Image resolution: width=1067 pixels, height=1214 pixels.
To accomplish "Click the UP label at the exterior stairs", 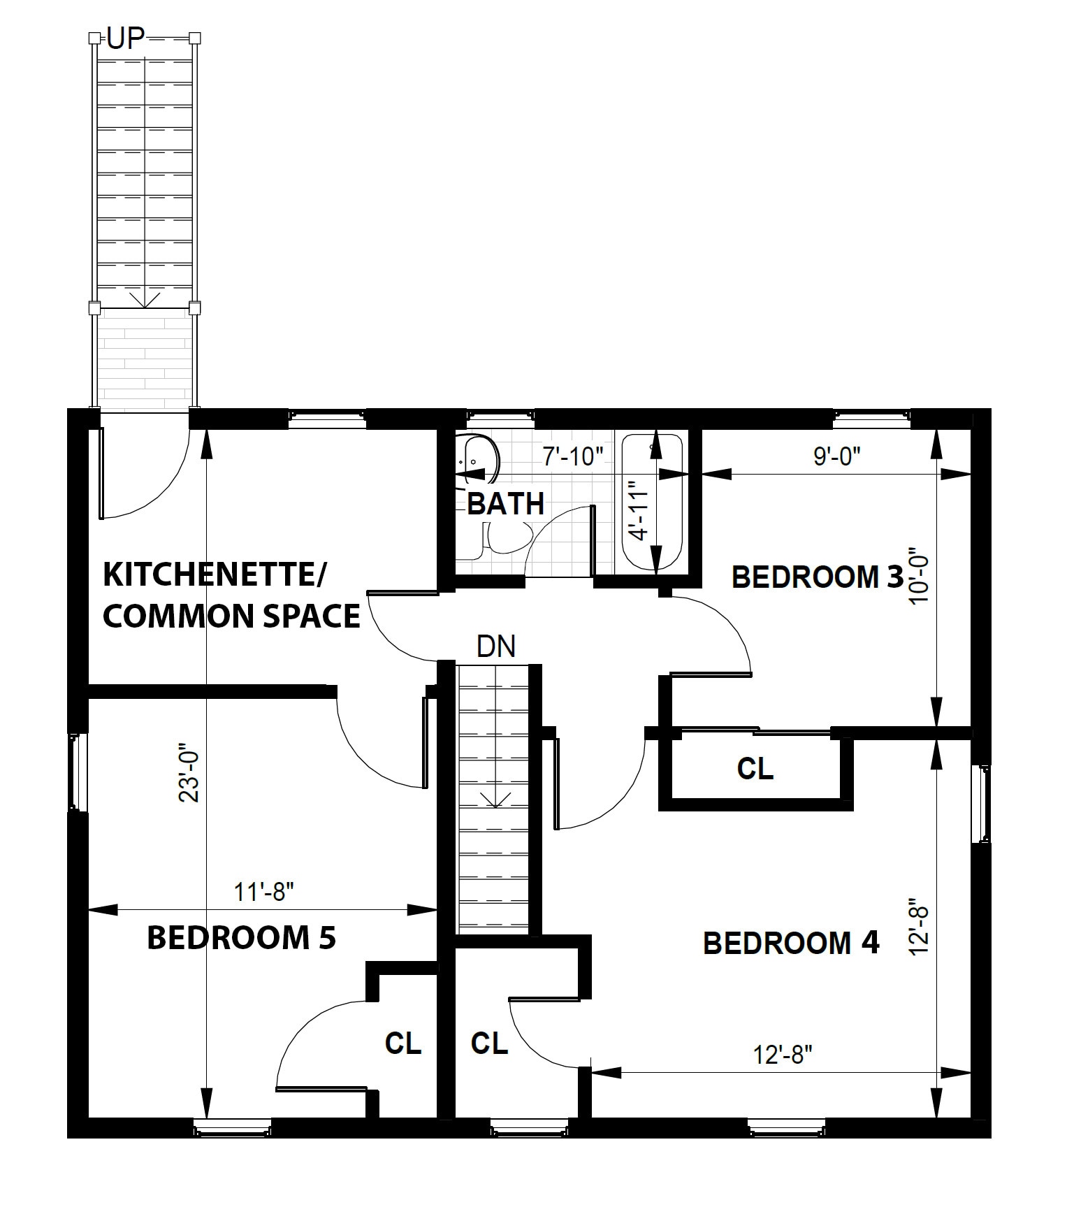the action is [126, 40].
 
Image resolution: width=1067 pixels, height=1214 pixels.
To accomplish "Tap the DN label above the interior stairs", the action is [496, 646].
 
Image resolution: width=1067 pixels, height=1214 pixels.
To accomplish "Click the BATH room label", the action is [506, 503].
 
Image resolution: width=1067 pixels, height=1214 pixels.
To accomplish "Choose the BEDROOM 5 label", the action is [242, 937].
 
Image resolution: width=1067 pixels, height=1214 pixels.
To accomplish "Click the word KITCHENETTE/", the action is [215, 575].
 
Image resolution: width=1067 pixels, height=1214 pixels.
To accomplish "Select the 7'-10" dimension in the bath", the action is [573, 456].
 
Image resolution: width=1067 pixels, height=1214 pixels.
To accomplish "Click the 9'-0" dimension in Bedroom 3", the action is [836, 456].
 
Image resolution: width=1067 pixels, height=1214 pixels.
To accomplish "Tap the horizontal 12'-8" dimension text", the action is [783, 1054].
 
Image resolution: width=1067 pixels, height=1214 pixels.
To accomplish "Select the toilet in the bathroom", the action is [502, 539].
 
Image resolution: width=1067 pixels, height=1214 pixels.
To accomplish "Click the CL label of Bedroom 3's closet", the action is [755, 769].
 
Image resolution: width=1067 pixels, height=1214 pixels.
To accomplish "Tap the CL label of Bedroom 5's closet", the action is [403, 1043].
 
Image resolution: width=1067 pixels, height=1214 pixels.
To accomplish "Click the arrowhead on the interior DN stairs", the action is [495, 801].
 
